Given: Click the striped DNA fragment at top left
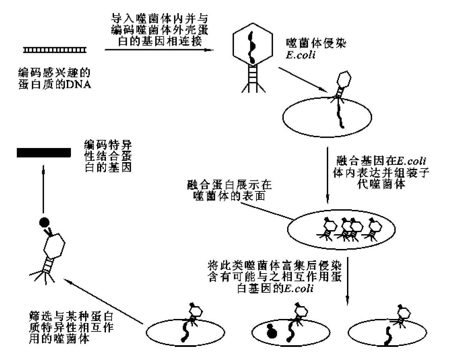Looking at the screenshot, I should pos(55,50).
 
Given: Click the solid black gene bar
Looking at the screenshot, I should pos(44,153).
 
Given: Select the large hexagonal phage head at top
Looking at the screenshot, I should pos(253,45).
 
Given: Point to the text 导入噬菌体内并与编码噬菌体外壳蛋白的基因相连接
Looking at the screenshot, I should pos(159,30).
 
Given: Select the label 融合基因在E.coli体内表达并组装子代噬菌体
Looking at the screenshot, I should pos(381,172).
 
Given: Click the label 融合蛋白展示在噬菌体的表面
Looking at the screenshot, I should pos(229,190).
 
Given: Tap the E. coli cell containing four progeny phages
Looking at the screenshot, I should pos(341,230).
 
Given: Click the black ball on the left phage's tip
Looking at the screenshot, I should pos(44,222).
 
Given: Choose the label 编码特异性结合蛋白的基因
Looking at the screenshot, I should pos(108,156).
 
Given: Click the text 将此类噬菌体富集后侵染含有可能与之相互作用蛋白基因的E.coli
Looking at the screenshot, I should pos(275,277).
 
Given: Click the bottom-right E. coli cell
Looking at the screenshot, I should pos(387,333).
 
